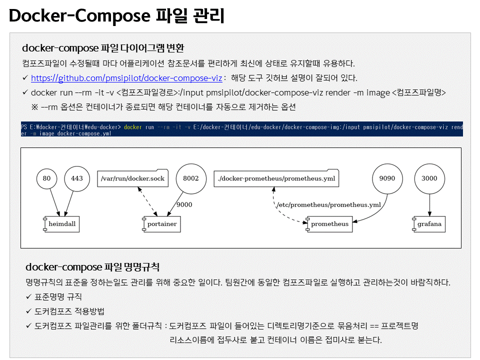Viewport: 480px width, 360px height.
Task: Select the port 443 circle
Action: [x=77, y=178]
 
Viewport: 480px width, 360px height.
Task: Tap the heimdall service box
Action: [x=61, y=224]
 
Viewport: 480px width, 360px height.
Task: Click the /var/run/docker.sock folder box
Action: [x=132, y=178]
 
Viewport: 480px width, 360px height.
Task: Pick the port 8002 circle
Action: [x=190, y=178]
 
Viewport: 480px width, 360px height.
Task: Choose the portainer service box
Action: [x=161, y=224]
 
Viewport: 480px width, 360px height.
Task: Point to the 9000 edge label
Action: [x=184, y=204]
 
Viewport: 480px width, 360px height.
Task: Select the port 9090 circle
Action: [x=387, y=178]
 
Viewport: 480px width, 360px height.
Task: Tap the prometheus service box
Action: [x=329, y=224]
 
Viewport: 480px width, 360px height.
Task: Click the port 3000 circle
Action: [x=429, y=178]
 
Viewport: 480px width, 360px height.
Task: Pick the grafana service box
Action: [x=429, y=224]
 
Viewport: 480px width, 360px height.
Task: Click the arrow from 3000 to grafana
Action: [x=429, y=204]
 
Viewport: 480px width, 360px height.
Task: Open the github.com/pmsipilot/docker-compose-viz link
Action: [x=126, y=78]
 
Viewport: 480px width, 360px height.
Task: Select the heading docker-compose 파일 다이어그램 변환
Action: [x=103, y=48]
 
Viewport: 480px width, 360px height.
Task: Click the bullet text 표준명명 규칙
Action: [x=58, y=297]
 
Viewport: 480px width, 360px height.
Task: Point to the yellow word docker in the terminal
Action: [x=133, y=127]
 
